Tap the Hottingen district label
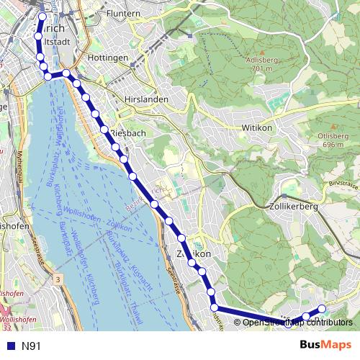click(107, 57)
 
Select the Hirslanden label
click(145, 99)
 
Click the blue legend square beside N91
click(11, 346)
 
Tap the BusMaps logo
click(325, 346)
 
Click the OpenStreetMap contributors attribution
click(297, 323)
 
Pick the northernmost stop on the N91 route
click(42, 17)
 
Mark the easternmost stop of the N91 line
click(322, 309)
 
